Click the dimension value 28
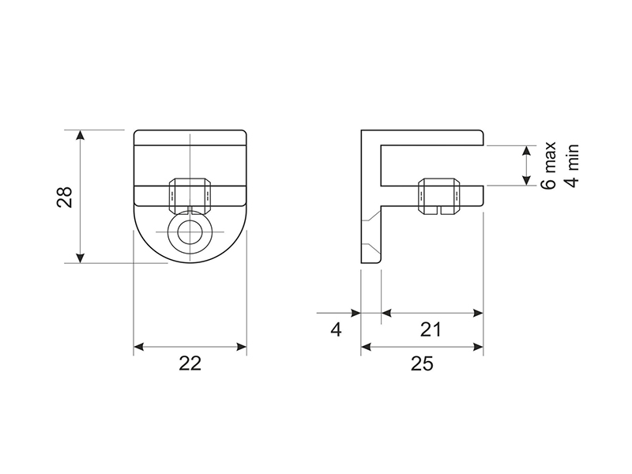click(65, 197)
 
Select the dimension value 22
click(190, 363)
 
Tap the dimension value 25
click(422, 363)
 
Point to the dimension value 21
click(431, 329)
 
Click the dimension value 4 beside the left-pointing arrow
click(336, 329)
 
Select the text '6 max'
click(548, 165)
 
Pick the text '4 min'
click(572, 165)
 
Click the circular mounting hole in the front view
click(190, 232)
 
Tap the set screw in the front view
click(190, 195)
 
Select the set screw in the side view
click(439, 196)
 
